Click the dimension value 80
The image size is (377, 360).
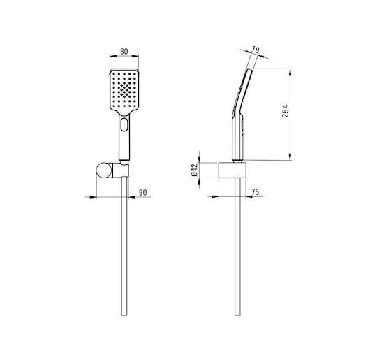pyautogui.click(x=124, y=52)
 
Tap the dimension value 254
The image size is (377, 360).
pyautogui.click(x=286, y=111)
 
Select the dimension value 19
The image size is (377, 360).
pyautogui.click(x=256, y=50)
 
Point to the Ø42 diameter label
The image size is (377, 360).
pyautogui.click(x=194, y=170)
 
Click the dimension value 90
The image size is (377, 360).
pyautogui.click(x=142, y=193)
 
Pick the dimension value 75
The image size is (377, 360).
pyautogui.click(x=255, y=192)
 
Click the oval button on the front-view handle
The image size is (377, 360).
pyautogui.click(x=124, y=124)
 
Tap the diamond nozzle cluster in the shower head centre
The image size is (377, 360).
pyautogui.click(x=124, y=90)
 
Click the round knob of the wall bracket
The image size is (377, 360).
pyautogui.click(x=104, y=171)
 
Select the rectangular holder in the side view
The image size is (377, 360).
pyautogui.click(x=232, y=171)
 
